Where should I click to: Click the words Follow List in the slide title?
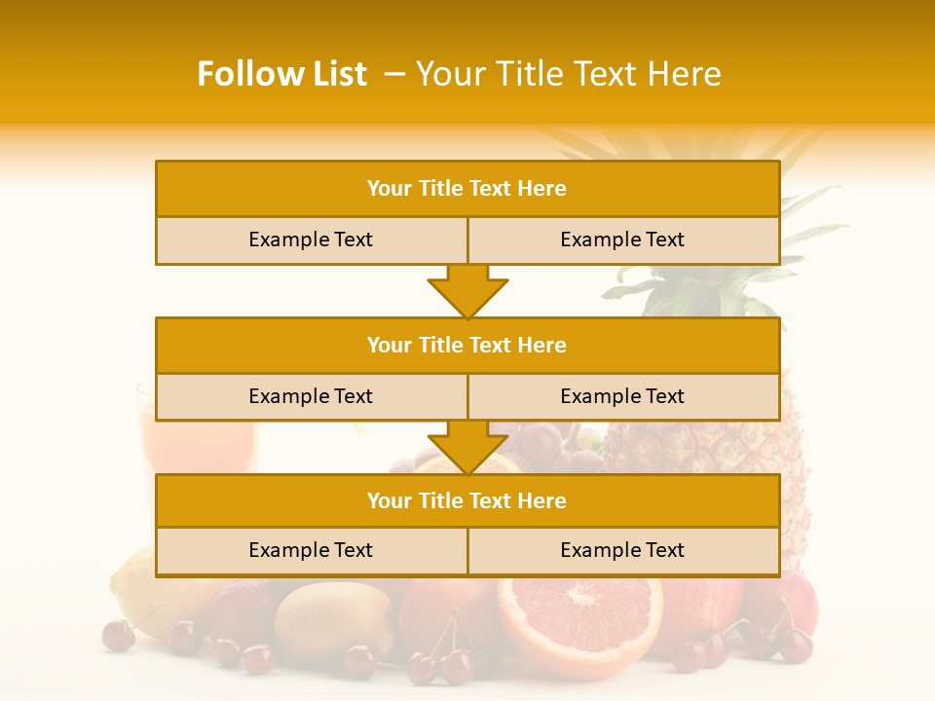click(x=281, y=74)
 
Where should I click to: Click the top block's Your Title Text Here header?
click(x=467, y=189)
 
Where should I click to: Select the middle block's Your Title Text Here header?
click(x=467, y=346)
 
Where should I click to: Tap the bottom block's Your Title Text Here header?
click(x=467, y=501)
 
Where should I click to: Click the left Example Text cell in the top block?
click(x=311, y=240)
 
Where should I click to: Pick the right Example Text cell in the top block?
click(x=622, y=240)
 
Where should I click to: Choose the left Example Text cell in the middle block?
click(x=311, y=397)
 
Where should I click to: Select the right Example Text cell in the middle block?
click(x=622, y=397)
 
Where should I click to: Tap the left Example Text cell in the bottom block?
click(x=311, y=551)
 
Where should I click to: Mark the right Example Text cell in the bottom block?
click(x=622, y=551)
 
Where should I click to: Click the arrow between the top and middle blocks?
click(x=467, y=291)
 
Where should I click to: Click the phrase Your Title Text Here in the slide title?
click(x=568, y=74)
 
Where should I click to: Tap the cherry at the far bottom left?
click(x=119, y=635)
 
